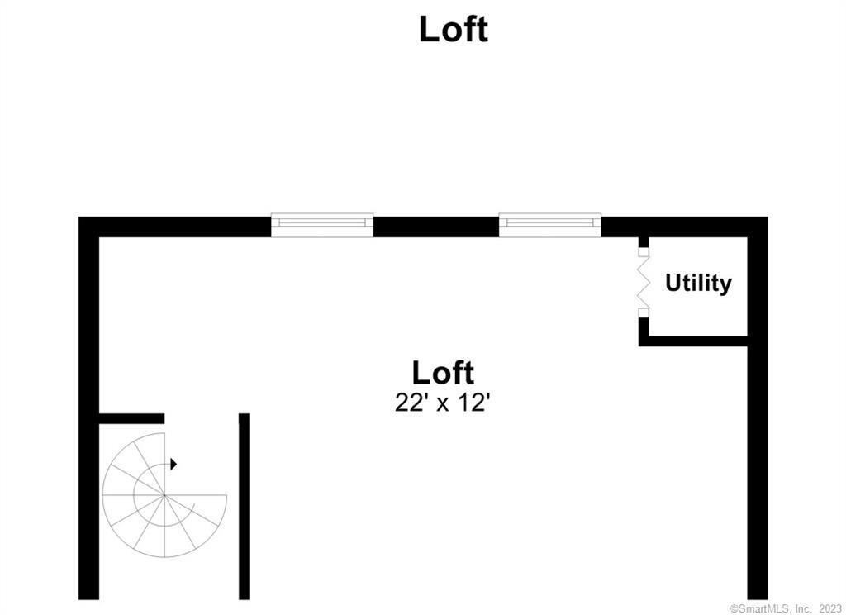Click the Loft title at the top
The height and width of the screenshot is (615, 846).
[x=454, y=29]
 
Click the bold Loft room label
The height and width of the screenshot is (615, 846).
[x=443, y=373]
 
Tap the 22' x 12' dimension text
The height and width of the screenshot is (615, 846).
[x=443, y=403]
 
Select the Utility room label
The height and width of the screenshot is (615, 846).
[x=698, y=283]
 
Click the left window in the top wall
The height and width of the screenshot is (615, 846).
[x=322, y=225]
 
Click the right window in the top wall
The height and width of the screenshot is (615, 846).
[x=549, y=225]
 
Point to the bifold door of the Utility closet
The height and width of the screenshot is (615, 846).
[x=643, y=283]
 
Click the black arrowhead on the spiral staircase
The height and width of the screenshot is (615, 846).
[x=173, y=464]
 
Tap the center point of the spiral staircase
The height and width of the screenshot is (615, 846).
[x=164, y=494]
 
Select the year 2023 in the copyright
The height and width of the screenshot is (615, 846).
[x=829, y=608]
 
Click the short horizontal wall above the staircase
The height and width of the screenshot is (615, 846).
[x=131, y=418]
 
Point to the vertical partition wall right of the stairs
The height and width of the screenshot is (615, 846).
[x=244, y=507]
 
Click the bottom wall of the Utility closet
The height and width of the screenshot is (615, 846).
[x=693, y=341]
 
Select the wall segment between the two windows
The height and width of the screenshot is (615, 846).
[x=436, y=226]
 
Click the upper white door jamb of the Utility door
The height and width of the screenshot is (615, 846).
[x=644, y=252]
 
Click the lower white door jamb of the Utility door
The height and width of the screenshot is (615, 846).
[x=644, y=312]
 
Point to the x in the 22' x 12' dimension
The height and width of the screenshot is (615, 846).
[x=443, y=405]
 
